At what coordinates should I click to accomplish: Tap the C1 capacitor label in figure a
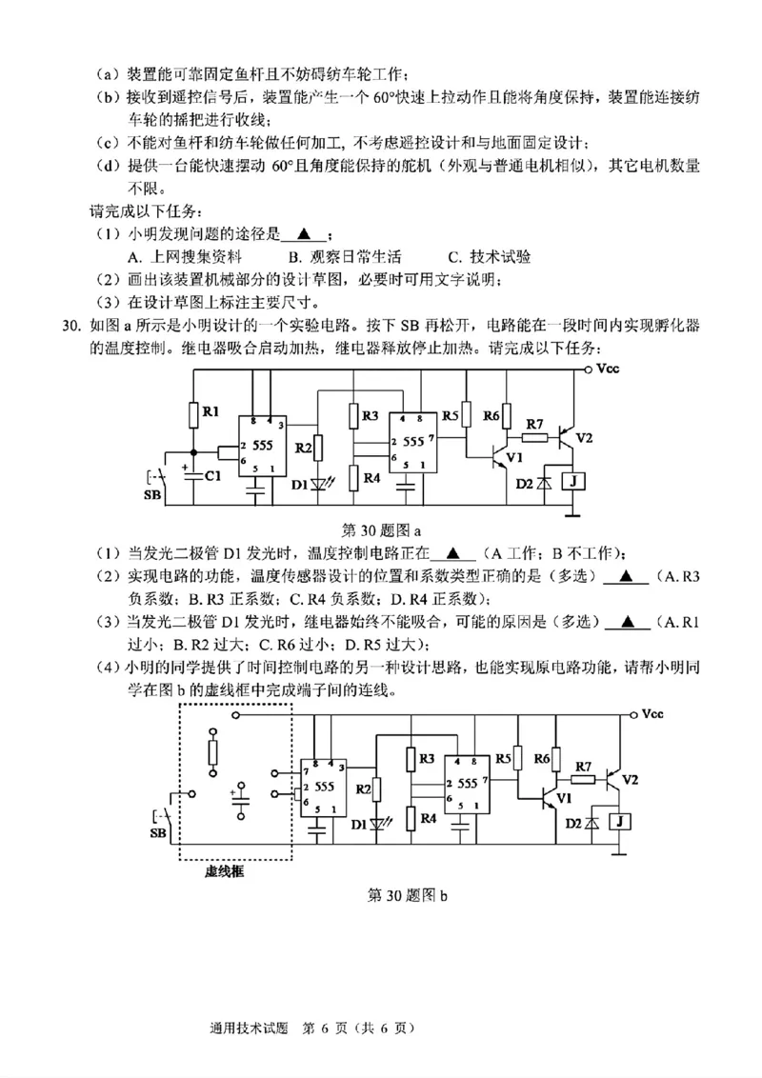coord(213,474)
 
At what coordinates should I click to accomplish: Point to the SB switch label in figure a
coord(151,496)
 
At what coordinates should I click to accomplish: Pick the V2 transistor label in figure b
coord(631,779)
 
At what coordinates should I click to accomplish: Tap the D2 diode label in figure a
coord(525,484)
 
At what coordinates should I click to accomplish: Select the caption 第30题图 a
coord(380,528)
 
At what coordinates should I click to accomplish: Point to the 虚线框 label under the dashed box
coord(227,870)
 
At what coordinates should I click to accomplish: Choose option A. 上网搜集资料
coord(185,256)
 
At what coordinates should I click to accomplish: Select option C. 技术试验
coord(490,256)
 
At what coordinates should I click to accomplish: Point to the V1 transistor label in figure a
coord(515,457)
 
